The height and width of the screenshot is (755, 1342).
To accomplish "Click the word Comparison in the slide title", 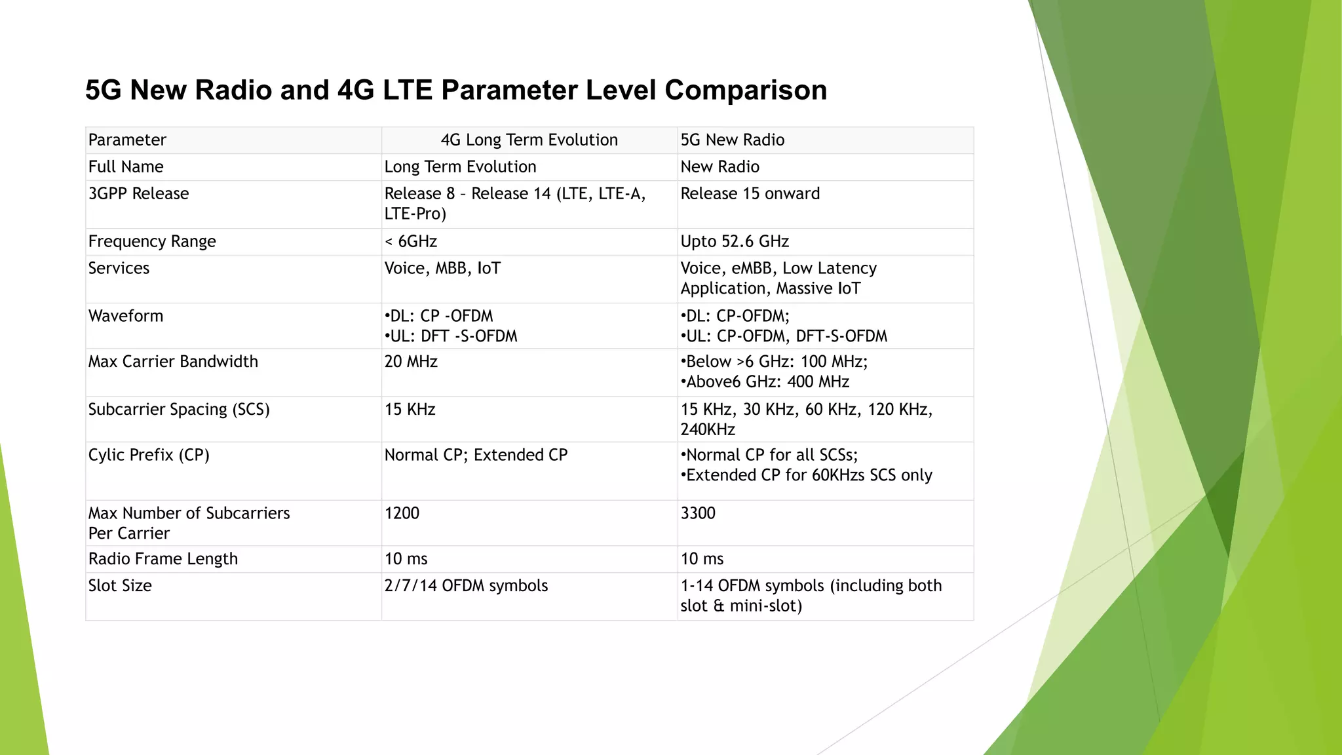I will pos(745,90).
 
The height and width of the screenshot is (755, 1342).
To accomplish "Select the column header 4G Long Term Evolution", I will pos(529,140).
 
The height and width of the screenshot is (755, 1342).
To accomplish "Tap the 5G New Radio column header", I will pos(732,140).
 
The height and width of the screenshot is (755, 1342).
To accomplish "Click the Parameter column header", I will pos(127,140).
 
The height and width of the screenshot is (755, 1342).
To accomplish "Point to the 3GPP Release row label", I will pos(138,193).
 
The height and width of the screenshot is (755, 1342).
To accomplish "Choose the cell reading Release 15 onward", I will pos(750,193).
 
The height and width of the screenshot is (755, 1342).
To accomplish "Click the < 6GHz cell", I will pos(410,241).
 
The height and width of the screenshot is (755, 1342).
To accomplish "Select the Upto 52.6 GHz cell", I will pos(735,241).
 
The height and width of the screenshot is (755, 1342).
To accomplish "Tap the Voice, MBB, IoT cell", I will pos(442,268).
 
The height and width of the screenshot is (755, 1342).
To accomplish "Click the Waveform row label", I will pos(126,316).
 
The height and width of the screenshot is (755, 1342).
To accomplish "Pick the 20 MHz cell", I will pos(411,361).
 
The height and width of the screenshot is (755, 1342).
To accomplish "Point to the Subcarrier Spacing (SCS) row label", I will pos(179,409).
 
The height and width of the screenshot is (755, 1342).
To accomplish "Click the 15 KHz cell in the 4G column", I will pos(410,409).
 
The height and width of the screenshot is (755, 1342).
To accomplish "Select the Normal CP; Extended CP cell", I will pos(476,455).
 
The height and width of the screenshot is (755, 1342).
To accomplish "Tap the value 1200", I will pos(402,513).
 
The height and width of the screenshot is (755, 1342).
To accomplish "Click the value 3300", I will pos(698,513).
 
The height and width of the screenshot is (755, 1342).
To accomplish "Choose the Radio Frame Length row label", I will pos(163,558).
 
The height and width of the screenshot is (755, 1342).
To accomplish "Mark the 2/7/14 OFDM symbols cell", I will pos(466,585).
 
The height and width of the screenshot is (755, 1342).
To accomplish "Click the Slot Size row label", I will pos(120,585).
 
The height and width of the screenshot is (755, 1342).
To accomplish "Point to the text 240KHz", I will pos(708,429).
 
